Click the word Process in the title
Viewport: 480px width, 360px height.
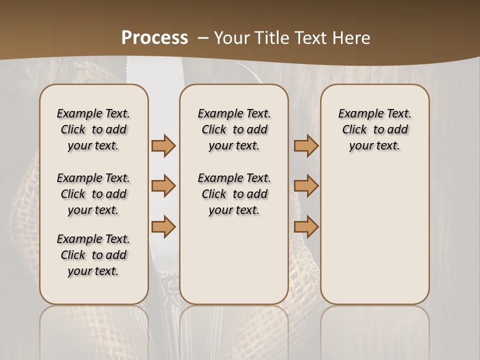(x=154, y=38)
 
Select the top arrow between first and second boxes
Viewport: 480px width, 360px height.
(x=163, y=145)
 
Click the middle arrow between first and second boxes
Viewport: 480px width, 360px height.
(x=163, y=186)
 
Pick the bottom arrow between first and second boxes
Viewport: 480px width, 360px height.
(x=163, y=226)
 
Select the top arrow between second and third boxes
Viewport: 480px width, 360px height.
(x=306, y=145)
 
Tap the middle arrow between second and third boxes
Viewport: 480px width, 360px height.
(x=306, y=186)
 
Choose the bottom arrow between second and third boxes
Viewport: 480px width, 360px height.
(x=306, y=226)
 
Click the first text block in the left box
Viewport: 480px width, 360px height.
(x=93, y=129)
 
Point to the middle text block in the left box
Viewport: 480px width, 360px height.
(x=93, y=194)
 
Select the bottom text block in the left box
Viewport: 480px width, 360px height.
(x=93, y=255)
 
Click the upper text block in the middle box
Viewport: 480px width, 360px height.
(x=234, y=129)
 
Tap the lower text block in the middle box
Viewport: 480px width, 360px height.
(x=234, y=194)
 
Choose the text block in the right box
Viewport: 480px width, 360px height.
(x=374, y=129)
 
